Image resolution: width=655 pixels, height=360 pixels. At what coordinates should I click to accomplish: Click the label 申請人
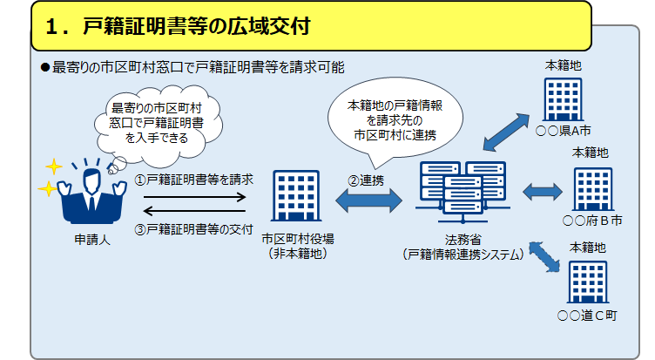pos(88,240)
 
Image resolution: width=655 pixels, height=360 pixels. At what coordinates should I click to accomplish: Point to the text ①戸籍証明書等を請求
pos(194,180)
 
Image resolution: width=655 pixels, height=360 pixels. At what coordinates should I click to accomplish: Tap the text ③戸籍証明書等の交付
pos(194,229)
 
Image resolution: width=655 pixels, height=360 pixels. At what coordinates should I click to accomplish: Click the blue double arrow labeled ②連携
pos(368,200)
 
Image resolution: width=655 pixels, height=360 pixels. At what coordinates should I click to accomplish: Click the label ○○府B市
pos(593,221)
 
